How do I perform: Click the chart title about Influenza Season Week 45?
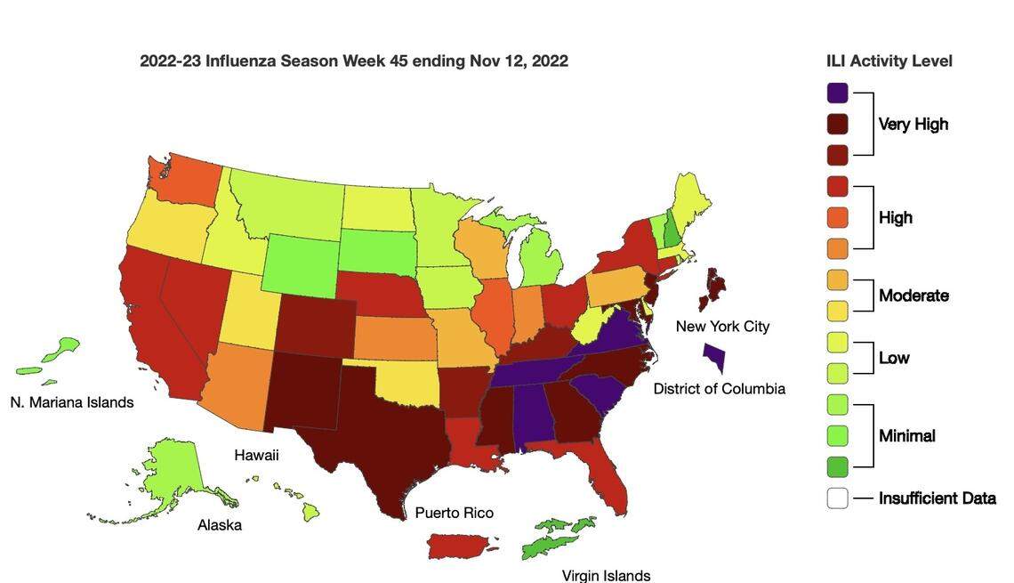click(x=353, y=61)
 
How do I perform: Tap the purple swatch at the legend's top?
click(x=837, y=93)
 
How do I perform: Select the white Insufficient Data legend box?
click(x=837, y=498)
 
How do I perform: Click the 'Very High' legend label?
click(x=913, y=125)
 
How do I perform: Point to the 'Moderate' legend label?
click(x=913, y=296)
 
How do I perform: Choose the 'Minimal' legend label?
click(x=906, y=436)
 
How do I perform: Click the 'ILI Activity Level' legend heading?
click(x=889, y=61)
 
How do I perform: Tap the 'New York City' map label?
click(x=722, y=327)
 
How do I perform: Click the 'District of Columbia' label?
click(x=719, y=389)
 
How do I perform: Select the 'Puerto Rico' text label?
click(x=454, y=514)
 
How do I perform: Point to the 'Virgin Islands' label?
click(x=606, y=576)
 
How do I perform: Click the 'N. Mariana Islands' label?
click(x=72, y=402)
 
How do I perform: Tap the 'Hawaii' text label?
click(x=256, y=456)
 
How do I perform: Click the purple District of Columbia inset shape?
click(x=713, y=358)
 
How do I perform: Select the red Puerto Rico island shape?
click(x=462, y=546)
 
